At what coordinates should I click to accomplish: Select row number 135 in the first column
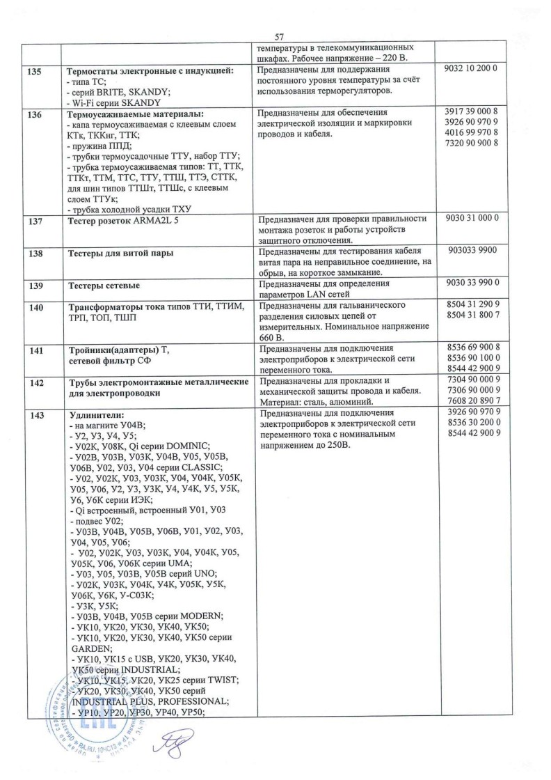[x=33, y=71]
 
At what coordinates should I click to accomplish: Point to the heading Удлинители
[x=93, y=414]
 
